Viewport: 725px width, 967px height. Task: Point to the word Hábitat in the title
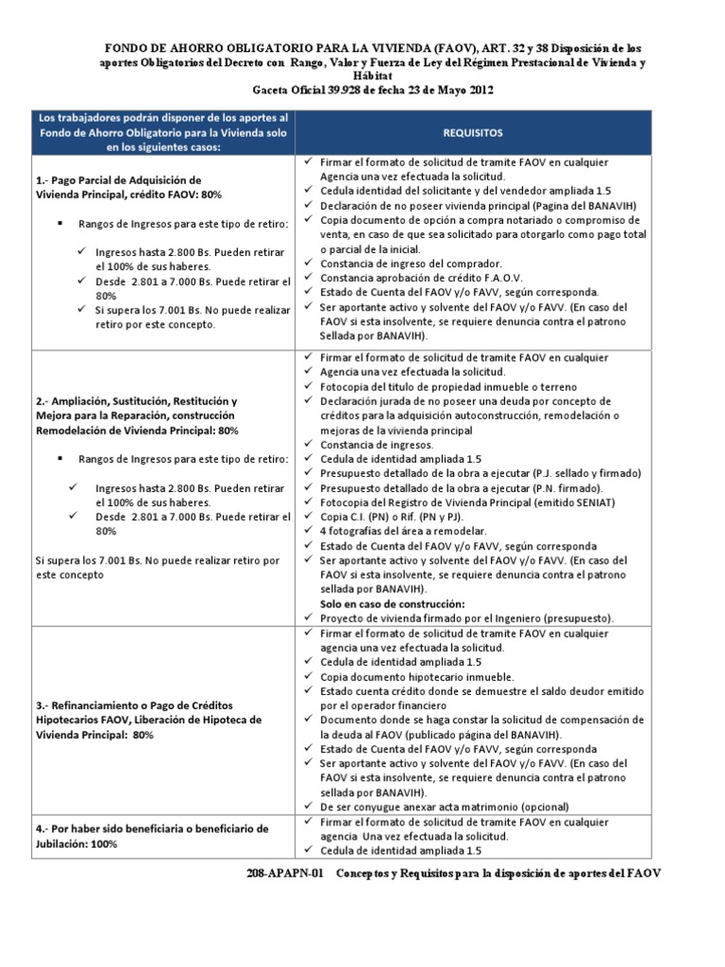pyautogui.click(x=374, y=76)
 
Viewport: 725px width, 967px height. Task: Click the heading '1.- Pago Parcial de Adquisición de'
pyautogui.click(x=118, y=179)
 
